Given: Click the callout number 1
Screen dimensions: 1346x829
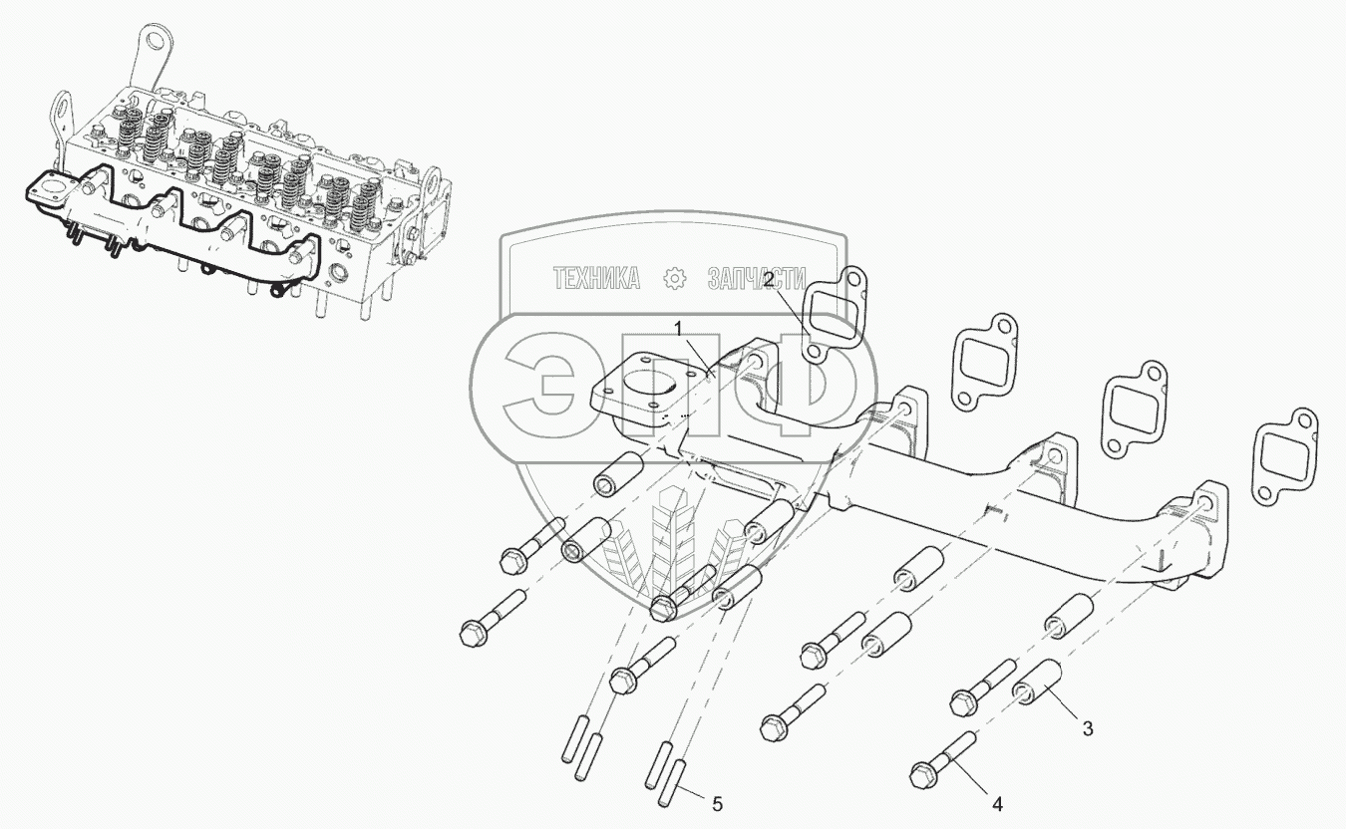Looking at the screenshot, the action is tap(678, 329).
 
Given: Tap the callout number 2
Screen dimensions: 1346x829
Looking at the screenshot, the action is tap(769, 279).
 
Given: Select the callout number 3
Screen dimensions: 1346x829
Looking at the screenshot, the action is tap(1088, 728).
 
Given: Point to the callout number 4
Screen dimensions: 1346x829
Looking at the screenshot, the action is tap(997, 804).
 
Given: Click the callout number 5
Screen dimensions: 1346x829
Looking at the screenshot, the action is tap(717, 804).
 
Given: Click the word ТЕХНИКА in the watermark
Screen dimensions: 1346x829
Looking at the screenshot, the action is tap(596, 279).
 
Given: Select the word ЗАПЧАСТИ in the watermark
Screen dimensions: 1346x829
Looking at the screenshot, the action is tap(757, 279).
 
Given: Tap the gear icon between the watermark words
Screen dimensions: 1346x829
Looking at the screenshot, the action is tap(674, 279).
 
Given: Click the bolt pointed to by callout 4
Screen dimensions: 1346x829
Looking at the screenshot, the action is tap(942, 760).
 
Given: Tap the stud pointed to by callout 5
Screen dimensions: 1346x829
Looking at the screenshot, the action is tap(672, 783).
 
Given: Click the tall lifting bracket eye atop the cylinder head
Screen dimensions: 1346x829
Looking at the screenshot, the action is tap(158, 41).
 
